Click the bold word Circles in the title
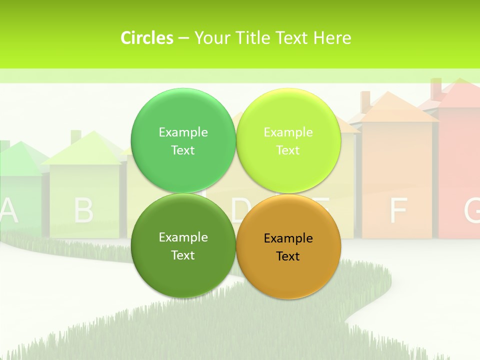(147, 38)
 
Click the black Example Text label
(288, 247)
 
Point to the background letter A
(8, 210)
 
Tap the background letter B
(83, 210)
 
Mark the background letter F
(398, 210)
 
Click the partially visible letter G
(472, 210)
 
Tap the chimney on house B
(76, 136)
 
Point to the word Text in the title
(292, 38)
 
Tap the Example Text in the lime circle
(288, 141)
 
